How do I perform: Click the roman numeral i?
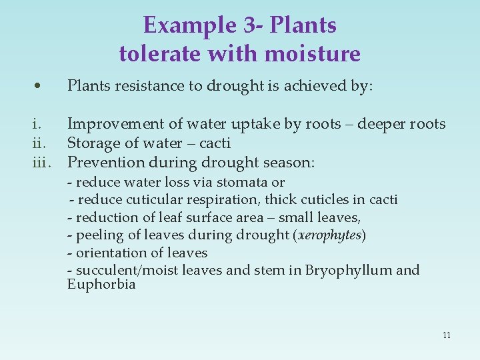(38, 124)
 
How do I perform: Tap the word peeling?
(97, 235)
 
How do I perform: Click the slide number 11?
(446, 335)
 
